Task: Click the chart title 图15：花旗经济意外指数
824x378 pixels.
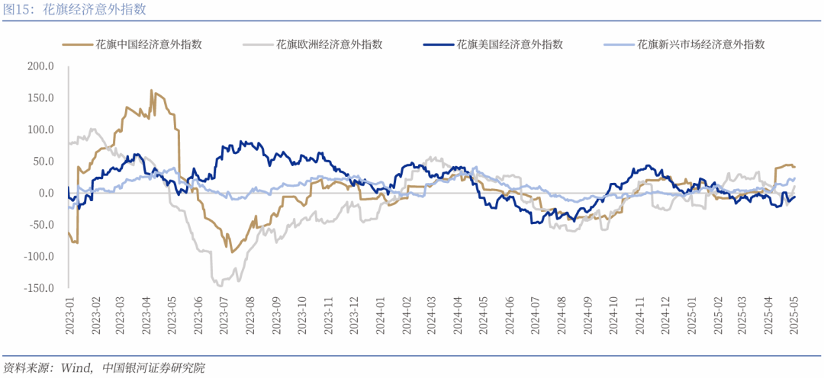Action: [75, 10]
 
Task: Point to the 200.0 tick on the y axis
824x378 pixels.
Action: [40, 66]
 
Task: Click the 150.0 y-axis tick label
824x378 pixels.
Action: [40, 98]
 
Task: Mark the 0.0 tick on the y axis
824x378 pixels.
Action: [44, 193]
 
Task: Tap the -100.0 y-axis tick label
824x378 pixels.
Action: [37, 256]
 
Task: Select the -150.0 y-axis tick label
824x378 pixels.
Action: [37, 288]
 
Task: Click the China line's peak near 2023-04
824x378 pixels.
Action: [151, 90]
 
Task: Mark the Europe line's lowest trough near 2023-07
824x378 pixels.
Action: [220, 285]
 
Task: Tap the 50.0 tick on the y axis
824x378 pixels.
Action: [42, 162]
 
